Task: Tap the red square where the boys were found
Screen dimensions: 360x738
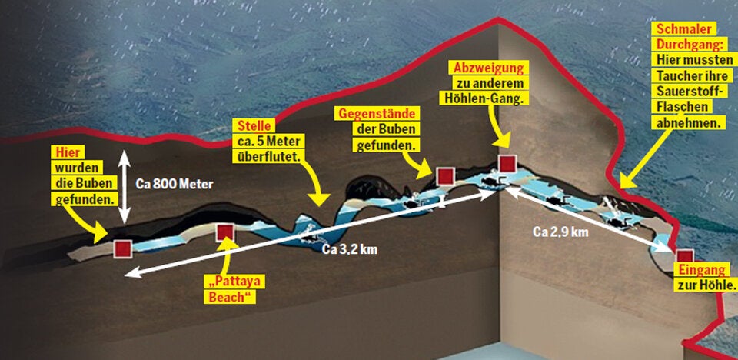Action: pyautogui.click(x=122, y=248)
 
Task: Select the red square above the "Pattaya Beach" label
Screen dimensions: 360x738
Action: pyautogui.click(x=225, y=232)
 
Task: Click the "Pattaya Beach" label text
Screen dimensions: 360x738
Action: pyautogui.click(x=231, y=288)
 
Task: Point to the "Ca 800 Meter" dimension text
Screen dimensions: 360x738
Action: pyautogui.click(x=173, y=185)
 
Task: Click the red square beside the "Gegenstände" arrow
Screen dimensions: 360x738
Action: pyautogui.click(x=444, y=176)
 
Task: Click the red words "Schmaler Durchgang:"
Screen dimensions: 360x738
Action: pyautogui.click(x=683, y=35)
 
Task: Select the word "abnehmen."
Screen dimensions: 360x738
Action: pyautogui.click(x=688, y=123)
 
